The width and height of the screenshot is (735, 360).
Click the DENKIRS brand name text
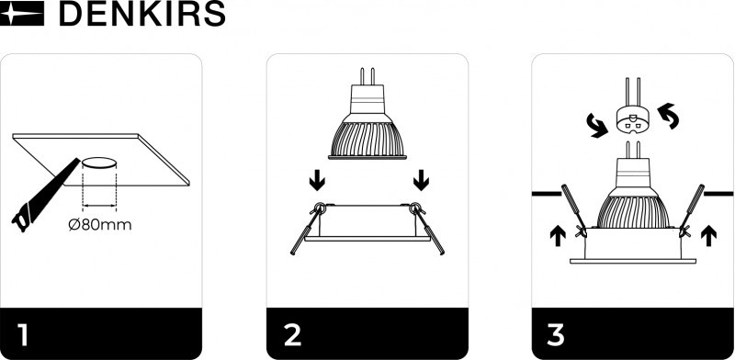pos(142,14)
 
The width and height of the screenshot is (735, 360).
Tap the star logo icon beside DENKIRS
pos(21,13)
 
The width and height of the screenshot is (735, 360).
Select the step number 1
pos(23,335)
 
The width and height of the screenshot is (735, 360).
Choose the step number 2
pos(292,335)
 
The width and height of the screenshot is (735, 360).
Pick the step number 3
pos(556,335)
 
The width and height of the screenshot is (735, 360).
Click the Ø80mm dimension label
pos(100,225)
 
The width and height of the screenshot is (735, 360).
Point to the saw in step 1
pos(44,196)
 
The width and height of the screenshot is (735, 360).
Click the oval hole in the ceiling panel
pos(99,163)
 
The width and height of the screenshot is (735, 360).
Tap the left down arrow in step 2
pos(317,181)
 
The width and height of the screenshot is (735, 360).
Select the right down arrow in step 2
pos(422,181)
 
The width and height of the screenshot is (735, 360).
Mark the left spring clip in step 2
pos(307,229)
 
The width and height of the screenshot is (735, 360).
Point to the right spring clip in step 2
pos(427,229)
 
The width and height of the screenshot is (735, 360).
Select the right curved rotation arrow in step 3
pos(668,116)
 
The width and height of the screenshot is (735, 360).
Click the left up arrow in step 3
pos(558,235)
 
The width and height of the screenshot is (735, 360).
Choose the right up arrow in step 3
pos(708,235)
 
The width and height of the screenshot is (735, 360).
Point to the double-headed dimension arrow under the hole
pos(99,205)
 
